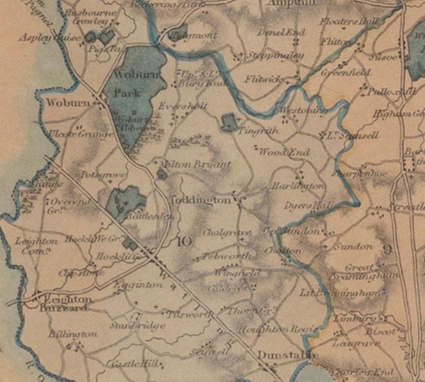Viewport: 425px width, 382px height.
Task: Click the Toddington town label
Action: [200, 200]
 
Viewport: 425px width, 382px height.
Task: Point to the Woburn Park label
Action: [127, 83]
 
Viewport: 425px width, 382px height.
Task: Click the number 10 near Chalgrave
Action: [185, 241]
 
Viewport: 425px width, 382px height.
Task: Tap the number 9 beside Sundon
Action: [387, 249]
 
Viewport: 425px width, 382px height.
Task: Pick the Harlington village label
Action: [297, 187]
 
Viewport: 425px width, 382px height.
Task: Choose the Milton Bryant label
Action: [194, 164]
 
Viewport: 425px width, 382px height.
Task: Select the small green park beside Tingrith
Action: [229, 122]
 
